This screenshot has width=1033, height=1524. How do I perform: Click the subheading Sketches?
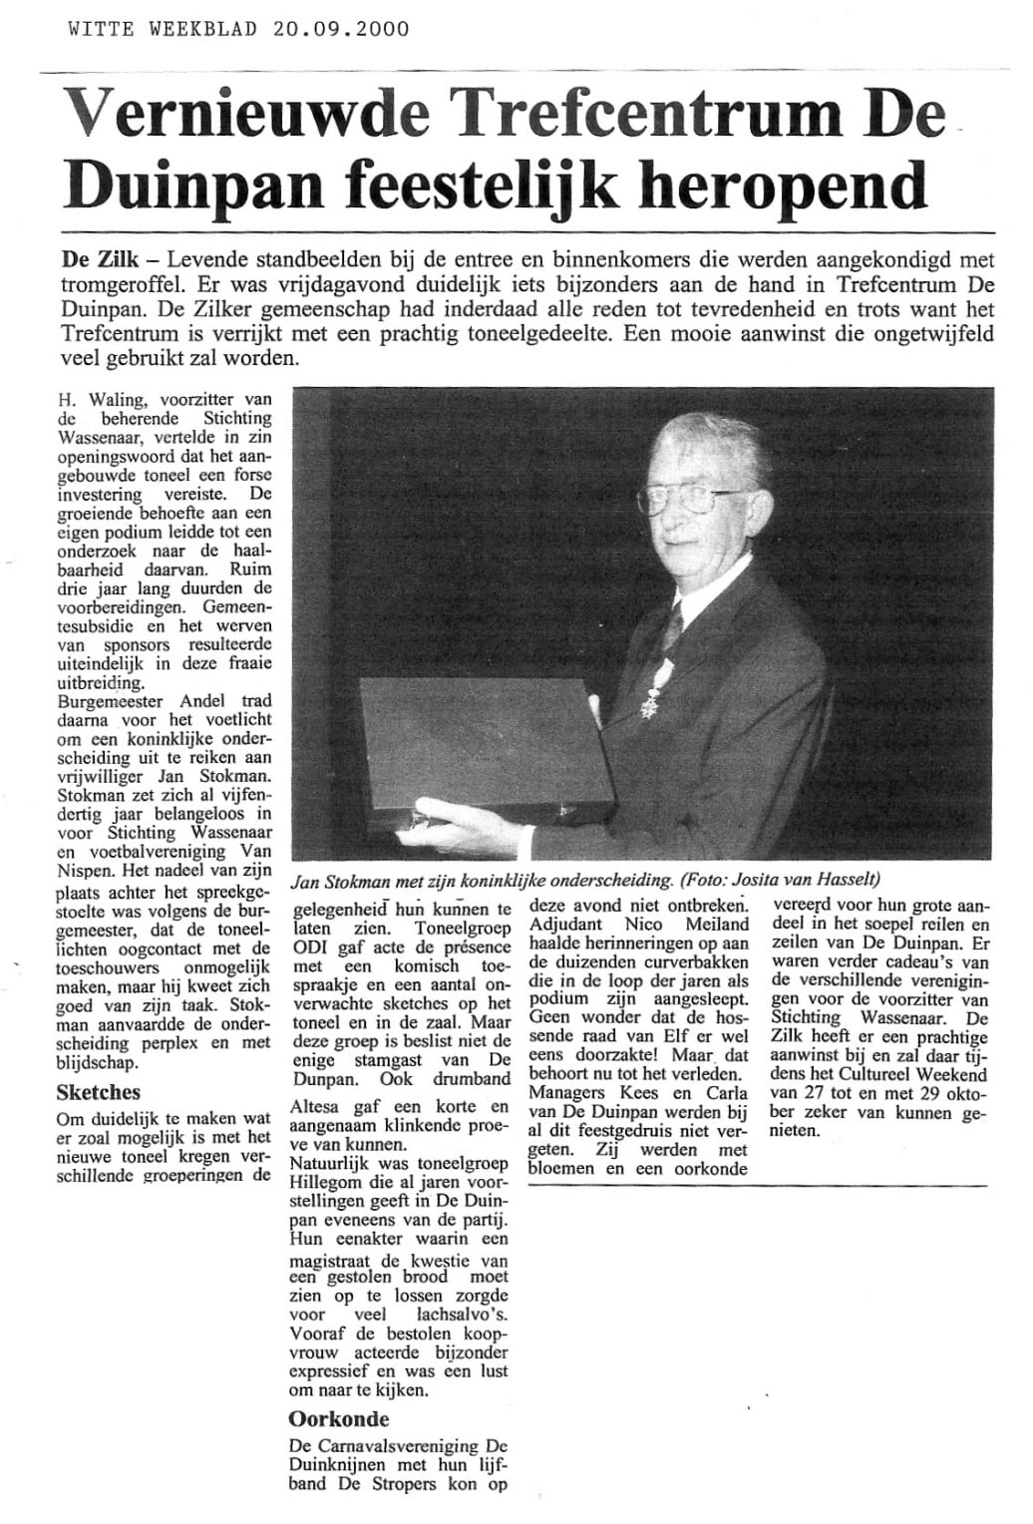tap(98, 1092)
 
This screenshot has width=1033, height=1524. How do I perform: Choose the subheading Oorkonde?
tap(338, 1419)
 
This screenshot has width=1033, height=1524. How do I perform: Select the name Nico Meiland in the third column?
tap(695, 927)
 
